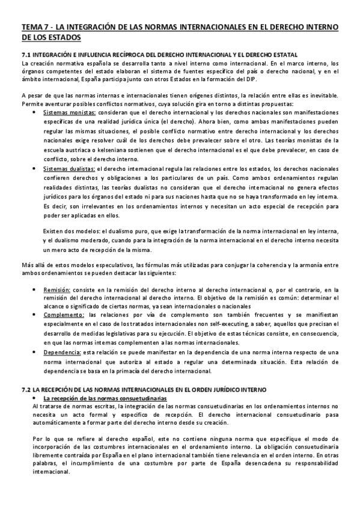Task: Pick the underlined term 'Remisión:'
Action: [57, 289]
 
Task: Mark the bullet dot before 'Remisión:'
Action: [37, 290]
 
